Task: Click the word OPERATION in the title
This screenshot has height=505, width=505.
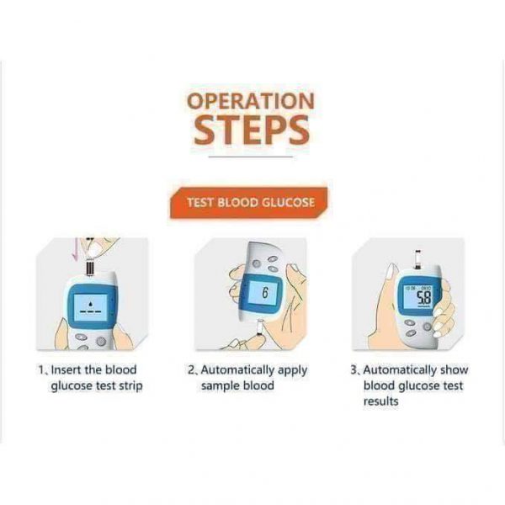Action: pyautogui.click(x=251, y=101)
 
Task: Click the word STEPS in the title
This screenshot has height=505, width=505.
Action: pyautogui.click(x=252, y=130)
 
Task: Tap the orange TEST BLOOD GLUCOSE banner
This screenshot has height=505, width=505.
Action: pyautogui.click(x=249, y=203)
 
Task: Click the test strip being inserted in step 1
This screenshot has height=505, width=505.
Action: pyautogui.click(x=90, y=268)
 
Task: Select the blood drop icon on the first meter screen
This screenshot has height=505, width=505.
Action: pyautogui.click(x=91, y=303)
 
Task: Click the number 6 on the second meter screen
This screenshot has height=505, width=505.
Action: pyautogui.click(x=265, y=293)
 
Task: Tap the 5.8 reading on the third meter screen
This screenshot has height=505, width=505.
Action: pyautogui.click(x=424, y=298)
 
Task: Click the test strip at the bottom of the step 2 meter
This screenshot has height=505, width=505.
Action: pyautogui.click(x=259, y=328)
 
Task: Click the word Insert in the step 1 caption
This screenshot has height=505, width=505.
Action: pyautogui.click(x=66, y=369)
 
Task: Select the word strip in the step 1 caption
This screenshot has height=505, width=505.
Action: pyautogui.click(x=130, y=385)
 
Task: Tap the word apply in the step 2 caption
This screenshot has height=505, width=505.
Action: pyautogui.click(x=292, y=370)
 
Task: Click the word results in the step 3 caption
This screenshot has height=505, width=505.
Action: pyautogui.click(x=381, y=401)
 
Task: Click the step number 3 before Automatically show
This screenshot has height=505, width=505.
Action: pyautogui.click(x=353, y=369)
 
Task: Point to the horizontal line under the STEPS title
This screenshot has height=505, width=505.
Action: pyautogui.click(x=251, y=157)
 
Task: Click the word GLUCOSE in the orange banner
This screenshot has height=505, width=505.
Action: pyautogui.click(x=288, y=203)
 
